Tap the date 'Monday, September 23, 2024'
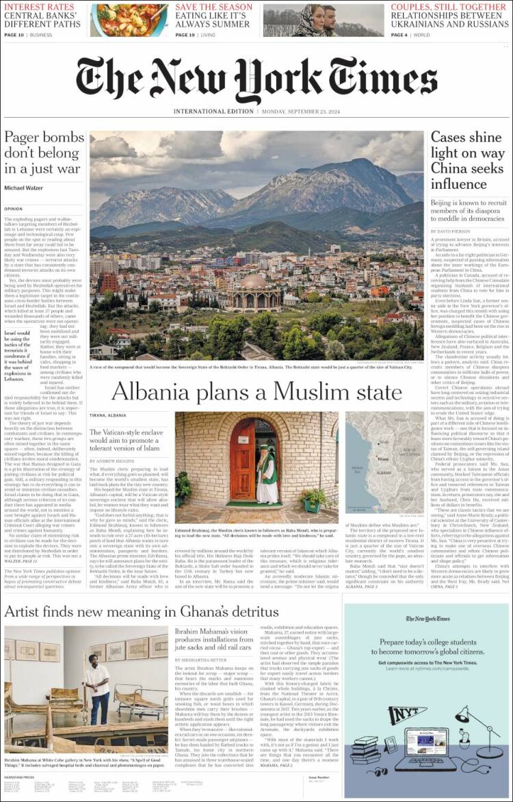click(x=304, y=111)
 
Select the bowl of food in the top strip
click(x=129, y=21)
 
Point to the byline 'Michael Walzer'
click(x=24, y=187)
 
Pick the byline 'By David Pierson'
click(x=451, y=232)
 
